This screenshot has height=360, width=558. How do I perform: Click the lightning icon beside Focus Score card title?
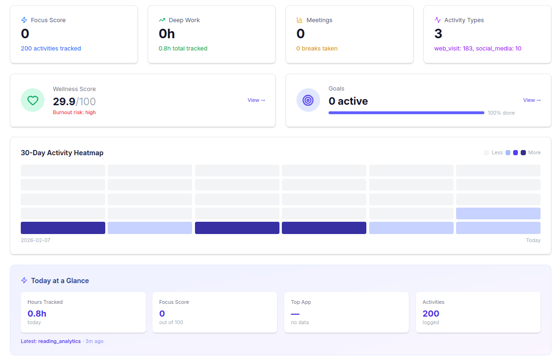24,20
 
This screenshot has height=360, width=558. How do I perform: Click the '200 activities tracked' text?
51,49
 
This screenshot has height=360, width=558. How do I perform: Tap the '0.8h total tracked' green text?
183,49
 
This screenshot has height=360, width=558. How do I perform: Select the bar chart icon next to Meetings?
300,20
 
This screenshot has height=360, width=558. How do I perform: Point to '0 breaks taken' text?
317,49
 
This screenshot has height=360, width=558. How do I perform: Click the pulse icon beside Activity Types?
438,20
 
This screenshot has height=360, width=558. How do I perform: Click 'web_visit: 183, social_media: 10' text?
478,49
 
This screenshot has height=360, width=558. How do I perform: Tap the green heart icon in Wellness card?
33,100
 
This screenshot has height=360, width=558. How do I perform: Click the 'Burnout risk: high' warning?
74,113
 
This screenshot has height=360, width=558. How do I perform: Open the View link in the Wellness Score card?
256,100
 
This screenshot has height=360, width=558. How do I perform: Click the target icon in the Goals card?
308,100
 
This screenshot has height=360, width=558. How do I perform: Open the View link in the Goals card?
532,100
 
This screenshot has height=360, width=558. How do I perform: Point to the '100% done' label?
501,113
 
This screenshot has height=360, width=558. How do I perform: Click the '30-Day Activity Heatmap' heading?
62,153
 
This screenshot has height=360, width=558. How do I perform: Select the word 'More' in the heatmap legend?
534,153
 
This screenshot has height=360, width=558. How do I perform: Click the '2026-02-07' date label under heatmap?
35,240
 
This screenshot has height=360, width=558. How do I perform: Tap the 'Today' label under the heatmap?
533,240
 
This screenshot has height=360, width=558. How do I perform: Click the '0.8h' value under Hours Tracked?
37,314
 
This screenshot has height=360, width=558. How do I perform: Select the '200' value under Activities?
431,314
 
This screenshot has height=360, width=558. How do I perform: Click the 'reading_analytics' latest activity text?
59,341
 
